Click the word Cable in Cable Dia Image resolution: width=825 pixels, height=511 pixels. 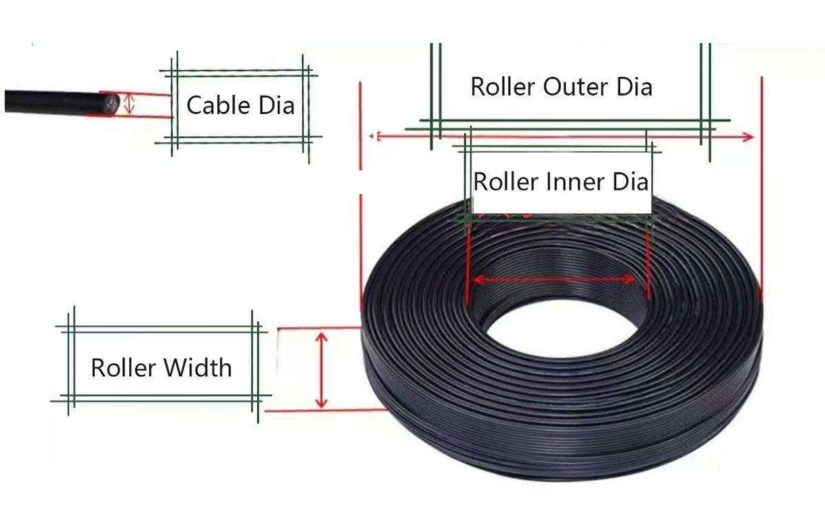pos(219,105)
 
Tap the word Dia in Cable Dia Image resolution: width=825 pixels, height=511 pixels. pos(276,105)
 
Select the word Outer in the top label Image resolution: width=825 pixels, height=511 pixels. pos(575,87)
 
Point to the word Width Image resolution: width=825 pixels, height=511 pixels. pos(197,368)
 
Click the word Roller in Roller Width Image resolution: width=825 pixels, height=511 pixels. pos(123,368)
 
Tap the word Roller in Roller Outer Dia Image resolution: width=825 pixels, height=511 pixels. pos(503,87)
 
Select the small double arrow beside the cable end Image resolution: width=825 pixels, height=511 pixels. pos(129,104)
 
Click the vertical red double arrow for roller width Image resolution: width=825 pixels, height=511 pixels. pos(322,370)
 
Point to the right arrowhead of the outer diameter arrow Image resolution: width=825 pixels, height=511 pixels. pos(748,138)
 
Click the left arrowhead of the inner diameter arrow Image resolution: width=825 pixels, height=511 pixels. pos(478,280)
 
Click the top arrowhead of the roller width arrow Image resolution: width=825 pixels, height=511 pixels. pos(322,337)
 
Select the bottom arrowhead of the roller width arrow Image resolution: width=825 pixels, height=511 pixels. pos(322,403)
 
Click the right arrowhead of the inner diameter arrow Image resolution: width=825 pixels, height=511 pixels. pos(629,279)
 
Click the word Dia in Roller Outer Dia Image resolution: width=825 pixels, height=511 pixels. pos(634,87)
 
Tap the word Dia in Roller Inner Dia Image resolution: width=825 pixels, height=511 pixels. pos(630,182)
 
